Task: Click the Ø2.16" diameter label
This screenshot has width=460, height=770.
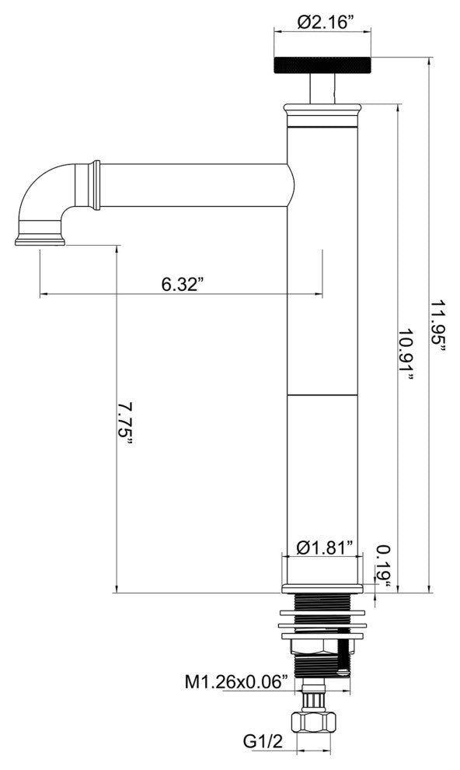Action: click(326, 22)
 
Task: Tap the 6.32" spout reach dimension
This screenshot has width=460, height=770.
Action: click(182, 284)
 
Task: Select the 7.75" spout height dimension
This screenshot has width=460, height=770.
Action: click(126, 423)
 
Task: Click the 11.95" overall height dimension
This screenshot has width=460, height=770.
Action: click(438, 326)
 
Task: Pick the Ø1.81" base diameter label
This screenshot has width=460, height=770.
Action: click(325, 547)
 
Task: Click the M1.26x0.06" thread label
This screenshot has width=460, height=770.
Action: click(236, 682)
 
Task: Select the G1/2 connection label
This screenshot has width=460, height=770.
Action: click(263, 742)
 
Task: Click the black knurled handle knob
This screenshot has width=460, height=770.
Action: click(322, 65)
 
